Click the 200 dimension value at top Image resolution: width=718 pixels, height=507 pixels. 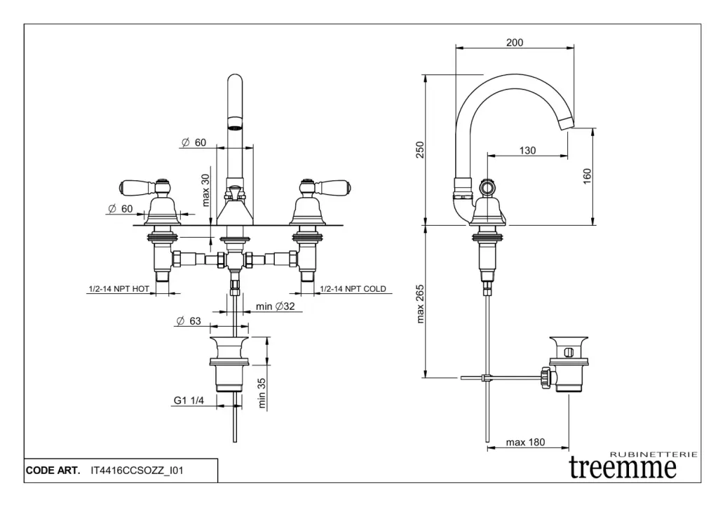pos(515,43)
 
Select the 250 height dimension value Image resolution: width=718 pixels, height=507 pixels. pos(420,150)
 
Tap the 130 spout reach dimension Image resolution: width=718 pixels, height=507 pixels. pos(527,150)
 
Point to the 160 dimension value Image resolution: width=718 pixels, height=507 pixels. pos(587,176)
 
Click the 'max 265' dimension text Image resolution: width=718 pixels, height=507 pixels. pos(420,304)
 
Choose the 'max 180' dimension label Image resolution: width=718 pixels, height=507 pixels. pos(525,442)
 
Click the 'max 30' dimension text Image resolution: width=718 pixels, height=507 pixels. pos(205,190)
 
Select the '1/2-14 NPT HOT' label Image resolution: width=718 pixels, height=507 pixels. pos(118,289)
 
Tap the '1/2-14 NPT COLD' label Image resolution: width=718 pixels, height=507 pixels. pos(353,289)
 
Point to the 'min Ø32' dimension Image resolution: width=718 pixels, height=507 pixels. pos(275,306)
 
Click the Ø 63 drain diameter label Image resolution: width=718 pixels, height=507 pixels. pos(188,320)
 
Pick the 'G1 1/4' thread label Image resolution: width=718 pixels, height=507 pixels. pos(188,400)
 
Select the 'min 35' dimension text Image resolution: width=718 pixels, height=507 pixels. pos(262,393)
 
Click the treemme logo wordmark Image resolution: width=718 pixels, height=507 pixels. pos(623,467)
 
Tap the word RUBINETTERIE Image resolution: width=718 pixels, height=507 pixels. pos(654,454)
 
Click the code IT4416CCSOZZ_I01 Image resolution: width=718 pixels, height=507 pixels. pos(137,471)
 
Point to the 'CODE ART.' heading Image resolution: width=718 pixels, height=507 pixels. pos(53,471)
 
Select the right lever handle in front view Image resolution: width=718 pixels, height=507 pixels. pos(325,187)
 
